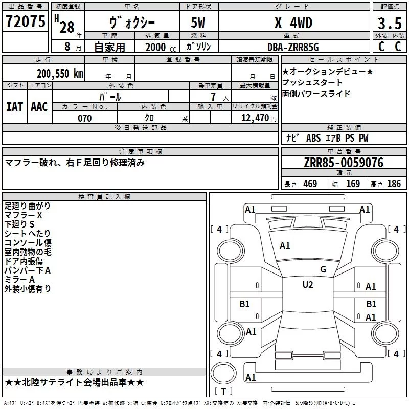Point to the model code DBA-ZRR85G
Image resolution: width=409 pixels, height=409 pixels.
[293, 47]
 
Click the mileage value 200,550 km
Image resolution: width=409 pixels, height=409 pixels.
[60, 73]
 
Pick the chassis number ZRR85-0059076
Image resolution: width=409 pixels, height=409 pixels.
[344, 163]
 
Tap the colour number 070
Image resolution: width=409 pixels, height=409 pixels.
[85, 118]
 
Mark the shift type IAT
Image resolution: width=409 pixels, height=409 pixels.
[14, 106]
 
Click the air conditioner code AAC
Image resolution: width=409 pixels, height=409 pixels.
[39, 106]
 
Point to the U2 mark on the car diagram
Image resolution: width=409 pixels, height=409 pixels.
[307, 285]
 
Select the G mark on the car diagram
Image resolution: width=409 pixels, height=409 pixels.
[323, 269]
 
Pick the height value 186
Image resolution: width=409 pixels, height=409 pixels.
[394, 184]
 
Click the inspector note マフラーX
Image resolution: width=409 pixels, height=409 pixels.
[24, 215]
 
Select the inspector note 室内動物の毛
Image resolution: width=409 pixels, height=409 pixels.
[28, 252]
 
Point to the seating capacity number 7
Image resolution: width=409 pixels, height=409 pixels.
[212, 97]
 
